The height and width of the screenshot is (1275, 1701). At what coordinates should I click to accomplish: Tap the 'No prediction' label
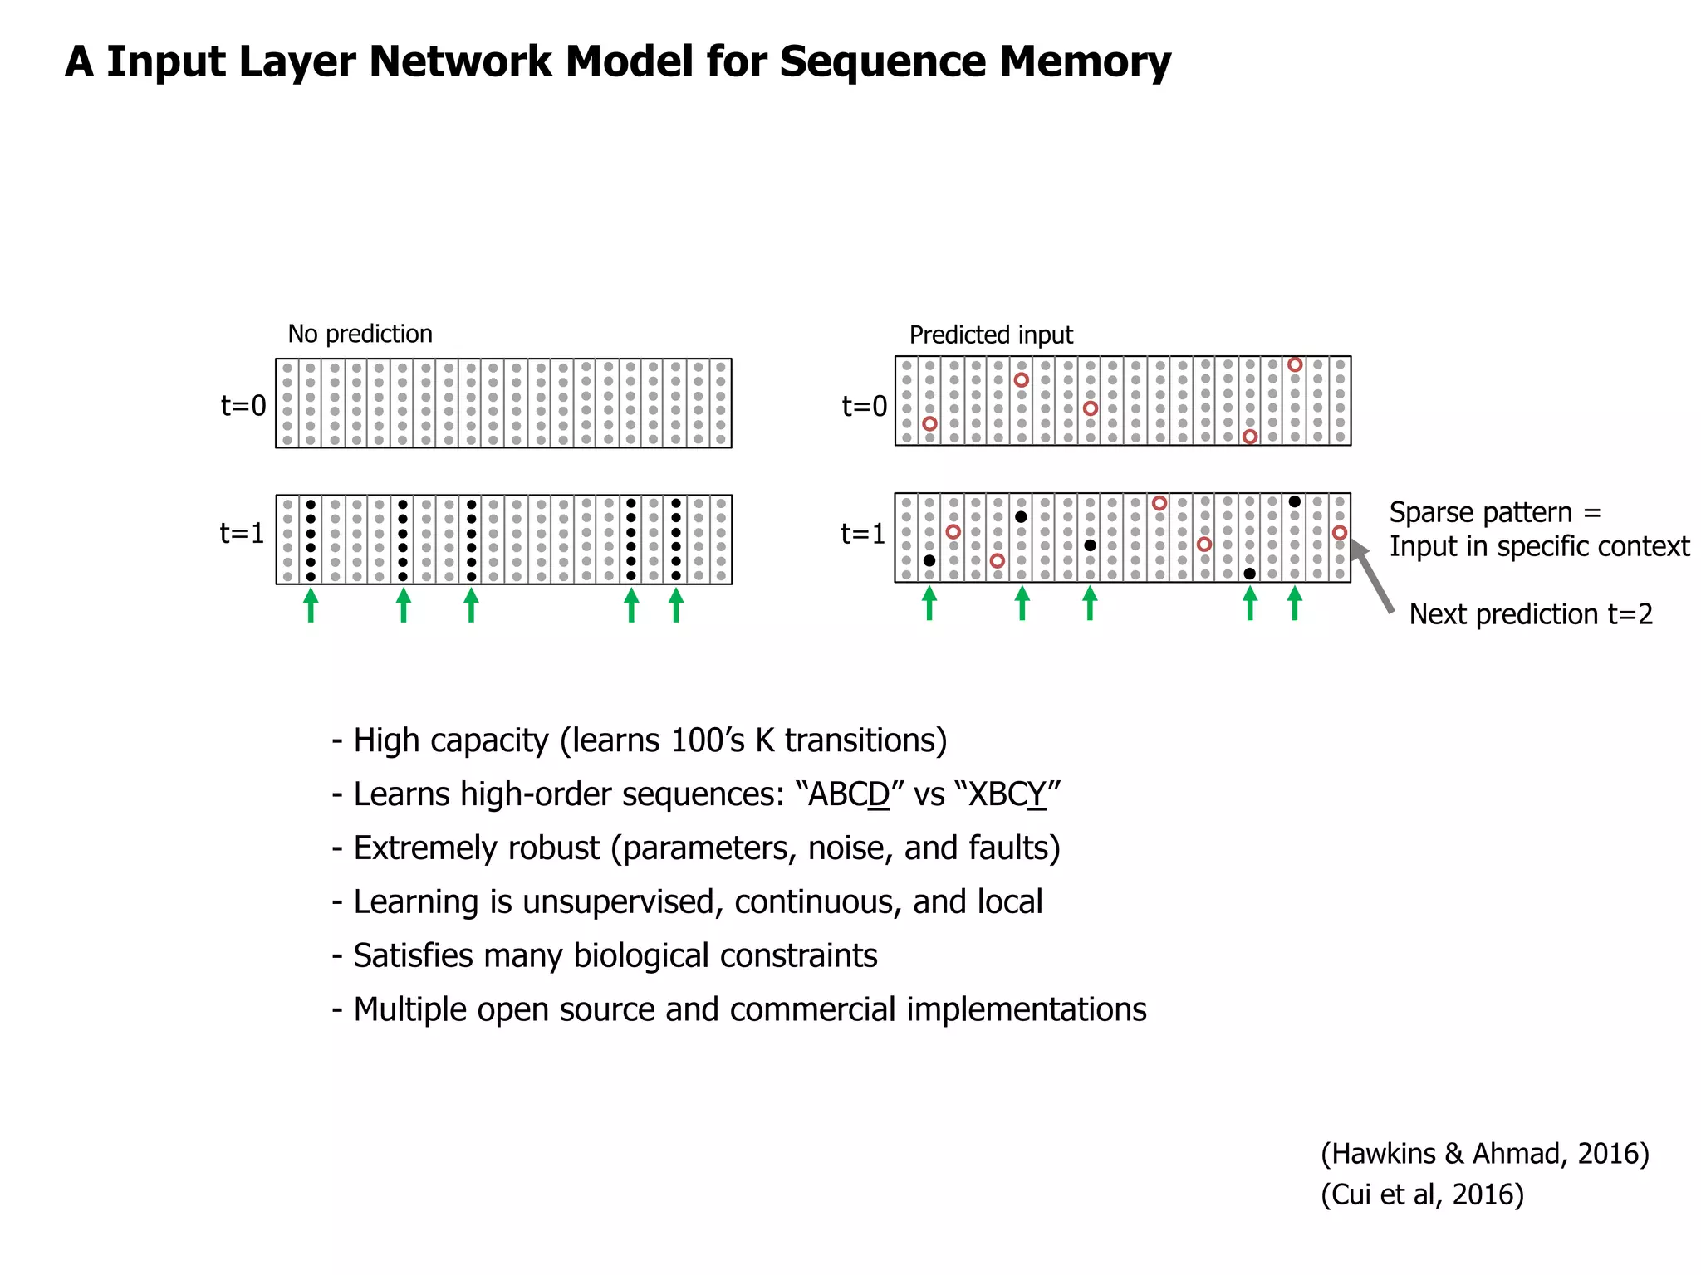[360, 334]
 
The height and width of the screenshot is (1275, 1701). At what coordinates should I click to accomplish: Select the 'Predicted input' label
[991, 335]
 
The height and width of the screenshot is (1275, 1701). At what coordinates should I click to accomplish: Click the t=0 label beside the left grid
[243, 406]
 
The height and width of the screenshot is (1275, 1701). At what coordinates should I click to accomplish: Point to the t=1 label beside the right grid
[864, 534]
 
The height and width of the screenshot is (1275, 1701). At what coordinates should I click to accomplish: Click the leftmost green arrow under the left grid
[311, 604]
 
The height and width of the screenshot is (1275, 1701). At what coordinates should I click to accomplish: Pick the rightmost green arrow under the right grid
[1294, 603]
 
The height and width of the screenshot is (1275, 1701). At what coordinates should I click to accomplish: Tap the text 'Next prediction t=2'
[1531, 614]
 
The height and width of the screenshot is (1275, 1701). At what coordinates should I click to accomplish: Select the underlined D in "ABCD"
[878, 794]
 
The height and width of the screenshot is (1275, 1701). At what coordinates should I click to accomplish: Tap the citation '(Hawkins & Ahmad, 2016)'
[1484, 1154]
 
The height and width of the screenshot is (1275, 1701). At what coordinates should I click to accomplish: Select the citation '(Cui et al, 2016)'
[1422, 1194]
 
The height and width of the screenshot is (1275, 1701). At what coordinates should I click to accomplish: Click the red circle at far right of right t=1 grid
[1339, 532]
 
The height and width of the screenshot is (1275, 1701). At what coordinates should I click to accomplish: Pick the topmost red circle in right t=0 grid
[1294, 364]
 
